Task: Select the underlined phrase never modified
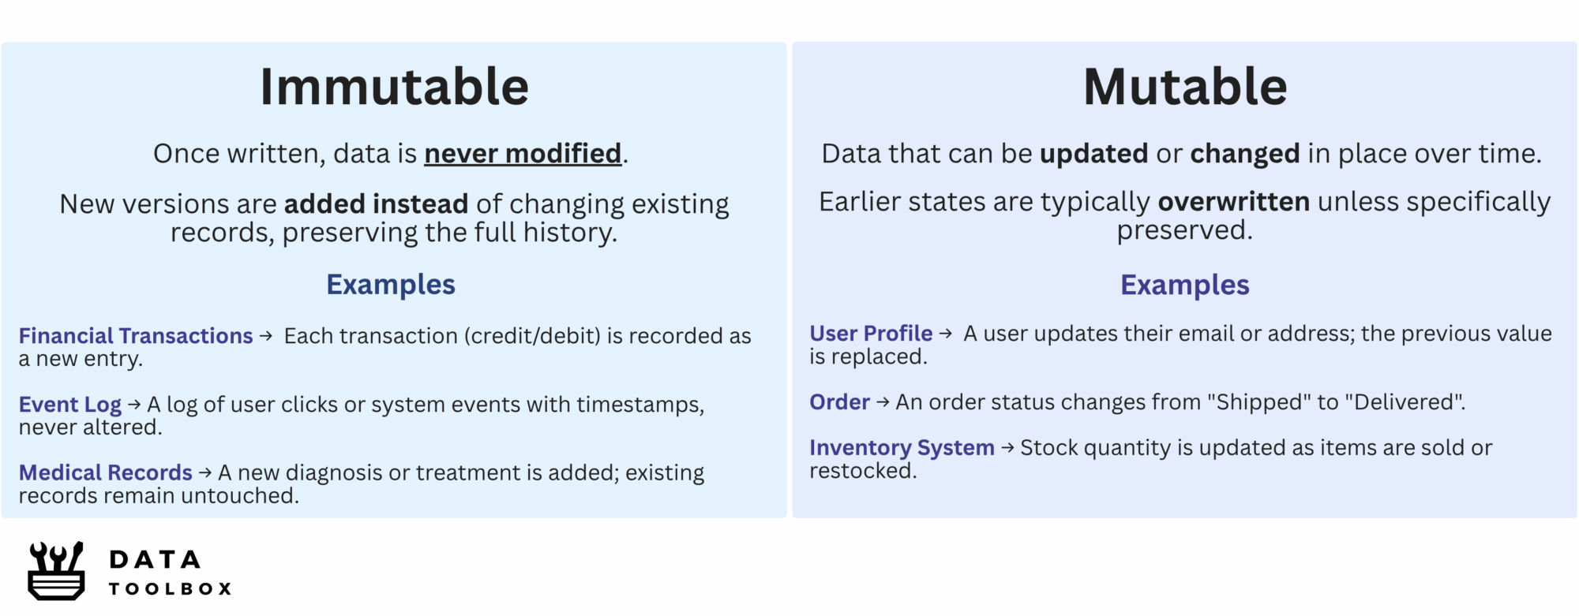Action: coord(523,153)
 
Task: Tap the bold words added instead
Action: coord(376,203)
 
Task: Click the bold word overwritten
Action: coord(1234,201)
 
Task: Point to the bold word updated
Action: coord(1093,153)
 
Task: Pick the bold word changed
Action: coord(1245,153)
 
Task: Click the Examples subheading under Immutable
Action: coord(391,285)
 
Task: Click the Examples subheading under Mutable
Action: coord(1185,285)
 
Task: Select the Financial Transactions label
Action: coord(136,336)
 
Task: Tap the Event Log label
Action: coord(70,405)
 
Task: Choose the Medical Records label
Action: coord(106,472)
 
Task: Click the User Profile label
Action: coord(871,334)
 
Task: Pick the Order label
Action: coord(839,402)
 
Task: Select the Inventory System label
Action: coord(902,448)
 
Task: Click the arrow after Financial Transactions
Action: coord(266,336)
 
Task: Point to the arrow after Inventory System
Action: coord(1007,448)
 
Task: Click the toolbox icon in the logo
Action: coord(56,571)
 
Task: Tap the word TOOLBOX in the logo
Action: coord(170,589)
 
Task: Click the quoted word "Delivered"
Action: coord(1405,402)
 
